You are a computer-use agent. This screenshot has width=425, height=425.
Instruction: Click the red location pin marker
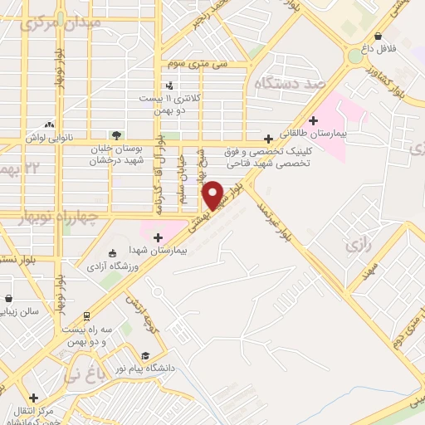click(x=213, y=194)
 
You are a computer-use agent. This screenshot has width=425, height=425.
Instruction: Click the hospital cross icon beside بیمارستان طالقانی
click(x=313, y=120)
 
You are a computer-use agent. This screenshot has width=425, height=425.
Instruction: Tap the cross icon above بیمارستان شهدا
click(x=157, y=237)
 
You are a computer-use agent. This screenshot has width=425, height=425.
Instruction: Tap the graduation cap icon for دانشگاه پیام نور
click(x=144, y=355)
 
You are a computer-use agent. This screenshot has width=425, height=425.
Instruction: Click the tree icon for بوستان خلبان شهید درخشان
click(x=116, y=134)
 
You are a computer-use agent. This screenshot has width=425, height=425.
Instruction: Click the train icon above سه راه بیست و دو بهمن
click(x=85, y=315)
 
